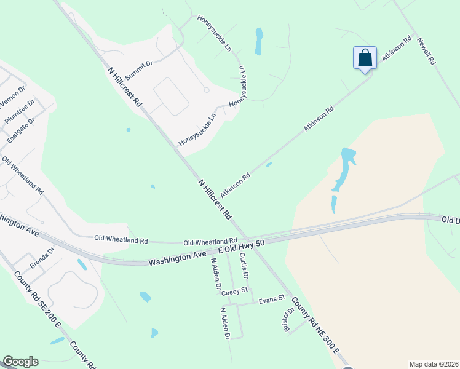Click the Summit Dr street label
138,71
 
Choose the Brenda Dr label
42,258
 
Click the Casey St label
234,291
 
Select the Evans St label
272,299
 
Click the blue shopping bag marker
365,58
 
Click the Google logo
20,362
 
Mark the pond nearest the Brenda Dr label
82,264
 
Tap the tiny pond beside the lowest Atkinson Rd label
269,164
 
